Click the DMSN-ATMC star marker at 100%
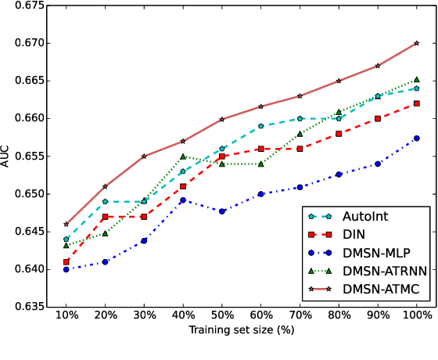point(417,43)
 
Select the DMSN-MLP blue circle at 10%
point(66,269)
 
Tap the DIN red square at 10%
point(66,261)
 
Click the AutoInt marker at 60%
point(261,125)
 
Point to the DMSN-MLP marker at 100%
point(417,138)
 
